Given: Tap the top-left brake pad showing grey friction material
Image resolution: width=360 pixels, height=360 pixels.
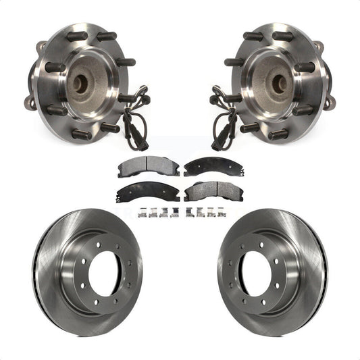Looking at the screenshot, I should pyautogui.click(x=138, y=167).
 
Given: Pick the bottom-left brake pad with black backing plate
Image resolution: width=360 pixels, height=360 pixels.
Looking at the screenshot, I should pyautogui.click(x=140, y=192).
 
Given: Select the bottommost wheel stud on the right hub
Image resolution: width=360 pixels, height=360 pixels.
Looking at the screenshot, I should pyautogui.click(x=277, y=135).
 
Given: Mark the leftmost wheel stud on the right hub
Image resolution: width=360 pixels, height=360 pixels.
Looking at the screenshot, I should pyautogui.click(x=234, y=62).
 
